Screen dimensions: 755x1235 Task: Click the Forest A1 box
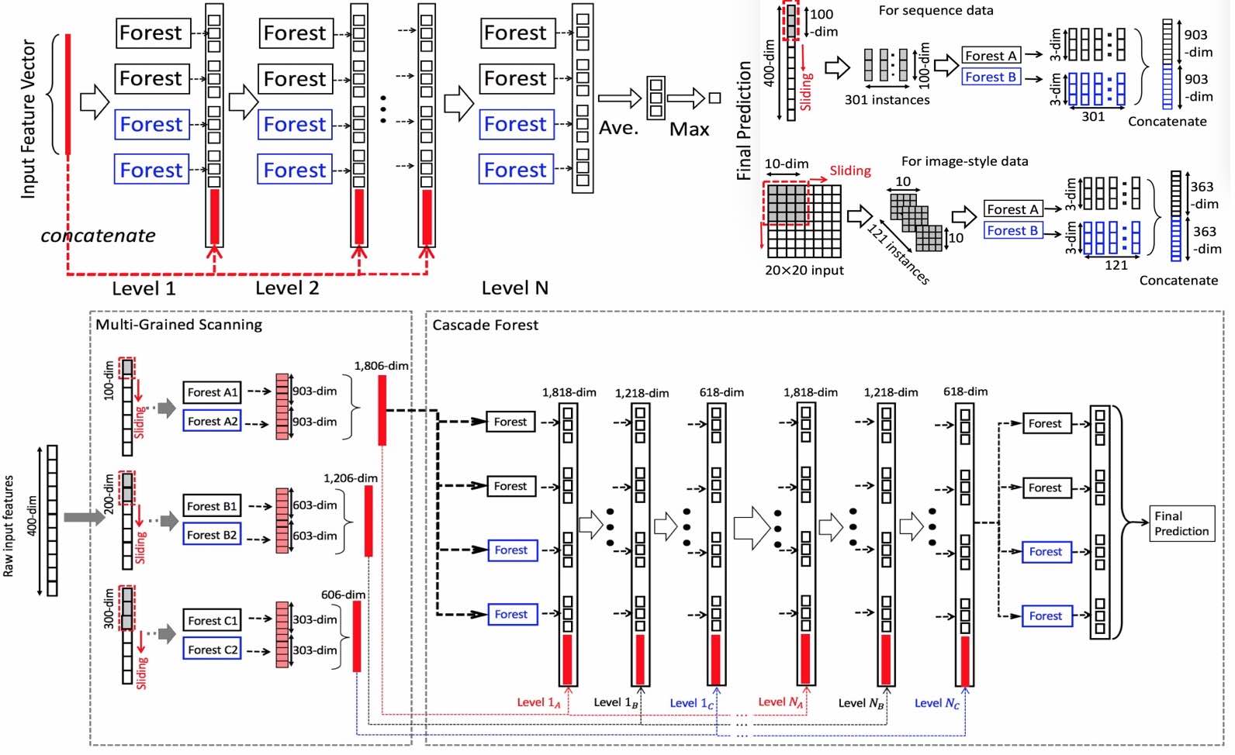212,392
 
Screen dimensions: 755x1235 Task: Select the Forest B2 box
212,535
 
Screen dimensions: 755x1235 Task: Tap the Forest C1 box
212,620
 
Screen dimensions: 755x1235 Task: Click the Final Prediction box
1181,523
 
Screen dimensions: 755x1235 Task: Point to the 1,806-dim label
381,365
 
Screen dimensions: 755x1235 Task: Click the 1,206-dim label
351,478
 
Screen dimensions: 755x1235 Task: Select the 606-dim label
343,595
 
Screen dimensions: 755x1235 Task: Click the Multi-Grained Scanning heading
178,325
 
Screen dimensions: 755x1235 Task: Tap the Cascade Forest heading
485,325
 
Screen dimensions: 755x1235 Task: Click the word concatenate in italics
98,236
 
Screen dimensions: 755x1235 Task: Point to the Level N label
514,288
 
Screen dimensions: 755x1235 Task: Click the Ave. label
618,128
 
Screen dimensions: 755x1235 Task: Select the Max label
689,129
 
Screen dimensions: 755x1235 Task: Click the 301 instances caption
887,100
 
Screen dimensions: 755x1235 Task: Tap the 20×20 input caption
804,271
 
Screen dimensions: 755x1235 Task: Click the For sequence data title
936,11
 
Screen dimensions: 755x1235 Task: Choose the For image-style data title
964,161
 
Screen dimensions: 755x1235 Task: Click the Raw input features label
9,526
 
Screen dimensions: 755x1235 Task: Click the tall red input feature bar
68,94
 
